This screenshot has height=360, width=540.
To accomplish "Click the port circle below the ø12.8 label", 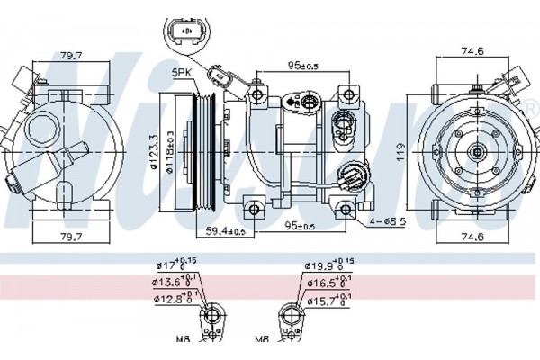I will [x=211, y=316].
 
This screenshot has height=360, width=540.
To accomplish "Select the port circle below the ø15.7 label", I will [x=292, y=316].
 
